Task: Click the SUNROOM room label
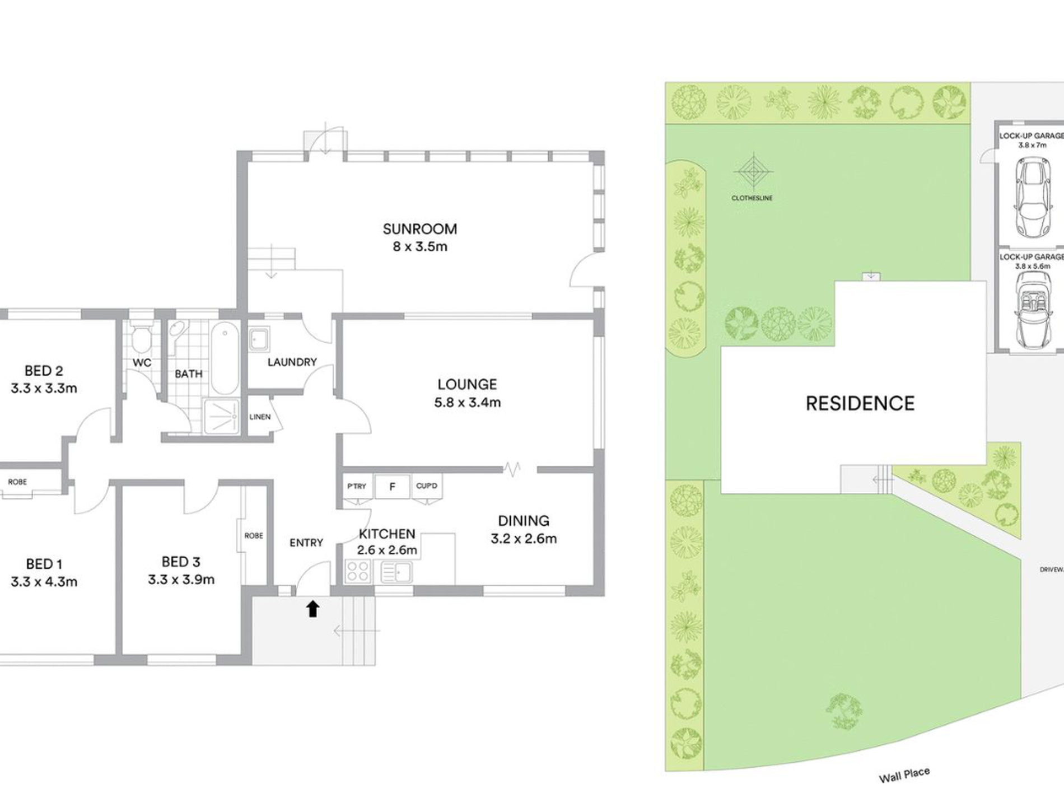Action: [420, 229]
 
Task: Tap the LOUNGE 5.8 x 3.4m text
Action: [468, 393]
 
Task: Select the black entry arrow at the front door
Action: [312, 609]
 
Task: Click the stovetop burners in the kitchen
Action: [357, 572]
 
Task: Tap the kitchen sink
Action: [396, 572]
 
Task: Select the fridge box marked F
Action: [392, 487]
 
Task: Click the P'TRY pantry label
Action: [357, 486]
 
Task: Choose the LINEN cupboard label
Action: [260, 417]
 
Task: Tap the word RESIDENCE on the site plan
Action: [860, 403]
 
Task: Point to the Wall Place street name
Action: [904, 775]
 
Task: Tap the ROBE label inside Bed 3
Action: [254, 535]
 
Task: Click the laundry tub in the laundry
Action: [259, 339]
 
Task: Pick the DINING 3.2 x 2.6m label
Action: [524, 530]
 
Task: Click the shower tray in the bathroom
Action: [222, 416]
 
